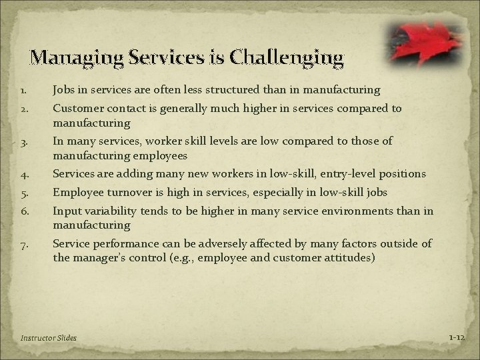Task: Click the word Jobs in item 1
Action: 65,89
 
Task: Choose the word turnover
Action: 135,193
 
